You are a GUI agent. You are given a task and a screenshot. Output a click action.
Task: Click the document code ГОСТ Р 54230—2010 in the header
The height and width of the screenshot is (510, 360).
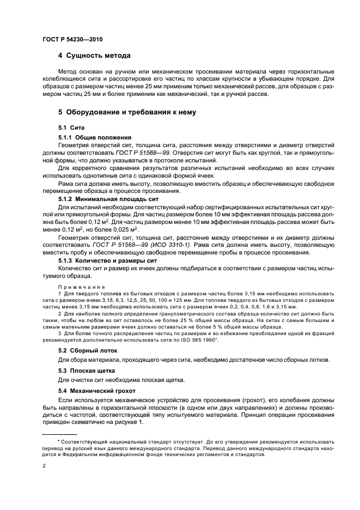[72, 40]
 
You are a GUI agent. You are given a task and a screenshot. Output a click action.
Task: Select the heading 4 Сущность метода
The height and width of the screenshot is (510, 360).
[94, 56]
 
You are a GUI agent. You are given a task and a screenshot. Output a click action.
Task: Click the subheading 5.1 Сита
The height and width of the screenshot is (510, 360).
[69, 127]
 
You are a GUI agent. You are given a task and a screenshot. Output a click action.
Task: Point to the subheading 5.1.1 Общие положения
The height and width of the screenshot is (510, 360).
[95, 137]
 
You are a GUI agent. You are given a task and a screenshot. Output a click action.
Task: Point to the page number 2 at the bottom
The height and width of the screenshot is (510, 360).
[44, 466]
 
